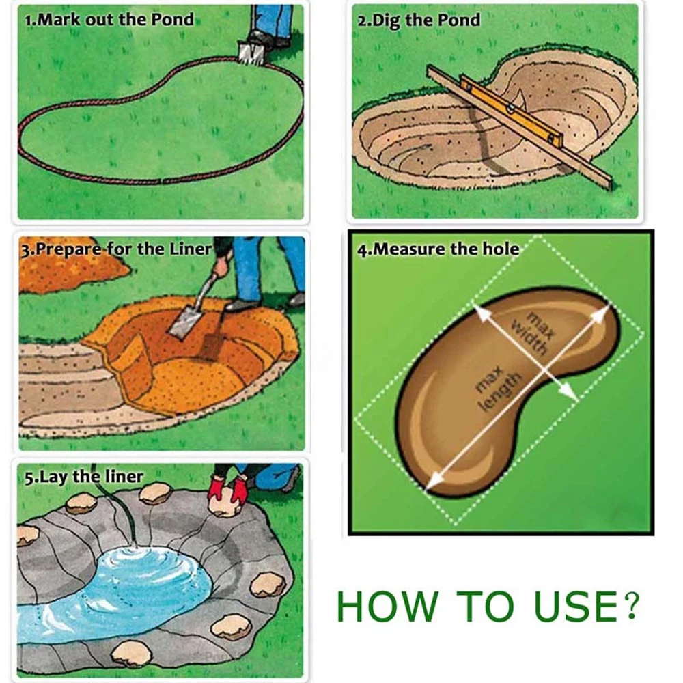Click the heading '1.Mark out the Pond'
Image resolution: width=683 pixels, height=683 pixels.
[109, 19]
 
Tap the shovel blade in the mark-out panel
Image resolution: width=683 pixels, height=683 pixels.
[249, 52]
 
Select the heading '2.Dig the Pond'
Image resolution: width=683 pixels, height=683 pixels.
[419, 19]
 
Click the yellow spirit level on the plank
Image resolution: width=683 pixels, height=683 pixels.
[512, 109]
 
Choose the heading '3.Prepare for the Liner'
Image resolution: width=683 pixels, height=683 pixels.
[117, 248]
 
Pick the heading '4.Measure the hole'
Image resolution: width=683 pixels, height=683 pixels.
[438, 249]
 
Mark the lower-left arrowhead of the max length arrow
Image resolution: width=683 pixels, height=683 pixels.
[430, 486]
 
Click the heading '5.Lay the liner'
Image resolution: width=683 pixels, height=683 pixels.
[84, 476]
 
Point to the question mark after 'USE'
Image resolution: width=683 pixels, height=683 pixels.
[632, 605]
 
